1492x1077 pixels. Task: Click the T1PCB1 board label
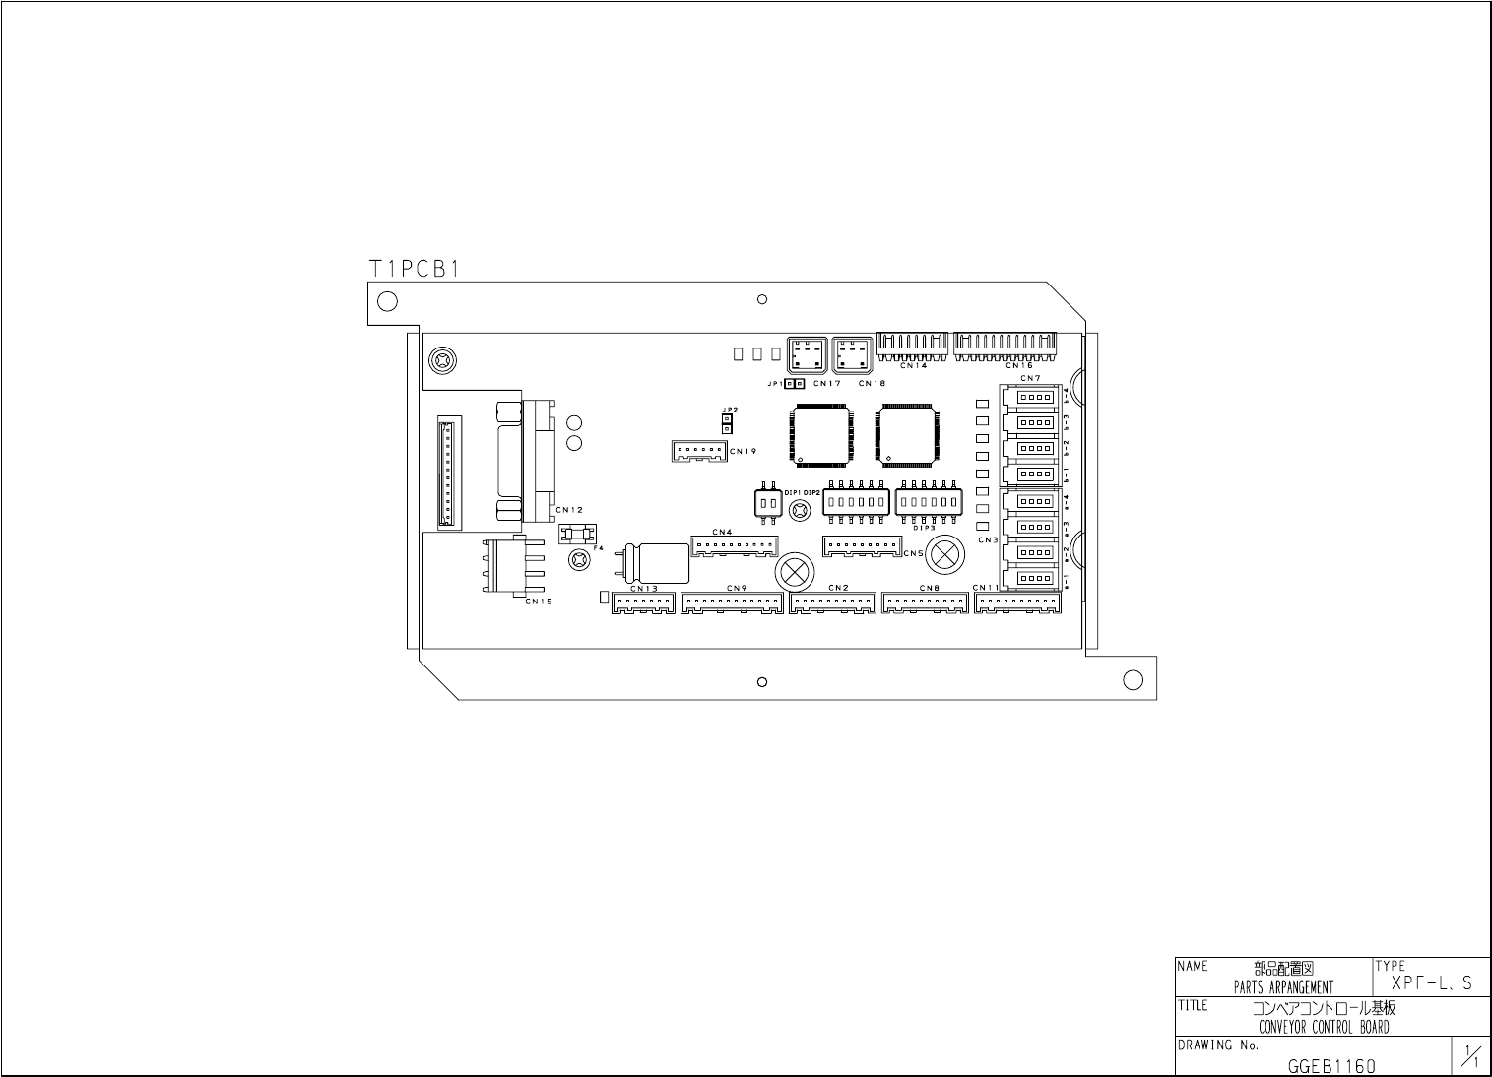pos(414,268)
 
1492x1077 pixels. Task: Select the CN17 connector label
pos(827,383)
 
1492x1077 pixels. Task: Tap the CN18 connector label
pos(872,383)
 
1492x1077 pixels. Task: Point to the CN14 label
pos(913,365)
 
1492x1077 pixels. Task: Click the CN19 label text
pos(743,451)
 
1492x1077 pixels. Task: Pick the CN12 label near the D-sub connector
pos(569,510)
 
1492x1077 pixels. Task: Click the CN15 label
pos(539,601)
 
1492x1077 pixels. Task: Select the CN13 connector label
pos(643,589)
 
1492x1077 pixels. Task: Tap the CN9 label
pos(737,589)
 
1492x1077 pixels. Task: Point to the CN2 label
pos(839,588)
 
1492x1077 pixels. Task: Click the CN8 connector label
pos(930,588)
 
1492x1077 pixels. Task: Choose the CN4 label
pos(722,532)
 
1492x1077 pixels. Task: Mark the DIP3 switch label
pos(924,528)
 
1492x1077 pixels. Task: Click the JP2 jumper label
pos(729,409)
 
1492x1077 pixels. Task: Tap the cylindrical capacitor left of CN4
pos(659,562)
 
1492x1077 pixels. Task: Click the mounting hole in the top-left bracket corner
pos(387,301)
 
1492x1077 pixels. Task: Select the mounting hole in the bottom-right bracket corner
pos(1133,679)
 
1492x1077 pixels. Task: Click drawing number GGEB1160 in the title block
pos(1331,1066)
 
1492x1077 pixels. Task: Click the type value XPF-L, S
pos(1432,983)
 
